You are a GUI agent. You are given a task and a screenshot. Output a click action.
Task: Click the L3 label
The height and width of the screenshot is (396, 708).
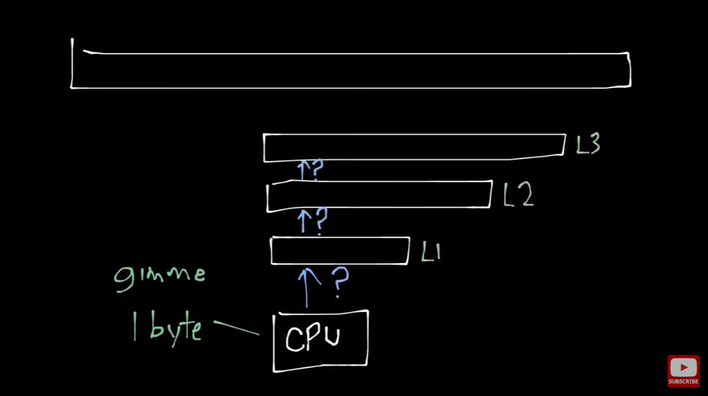point(588,144)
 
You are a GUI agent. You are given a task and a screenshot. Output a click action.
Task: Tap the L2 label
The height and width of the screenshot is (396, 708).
point(519,194)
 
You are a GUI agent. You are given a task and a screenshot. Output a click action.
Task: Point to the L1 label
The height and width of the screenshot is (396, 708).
point(431,252)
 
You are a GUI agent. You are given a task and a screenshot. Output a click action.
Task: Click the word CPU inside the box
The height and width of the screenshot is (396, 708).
point(313,338)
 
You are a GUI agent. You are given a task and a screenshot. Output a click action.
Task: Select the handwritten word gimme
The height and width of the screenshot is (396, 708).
point(160,274)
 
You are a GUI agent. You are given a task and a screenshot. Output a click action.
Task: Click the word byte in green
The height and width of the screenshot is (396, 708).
point(175,328)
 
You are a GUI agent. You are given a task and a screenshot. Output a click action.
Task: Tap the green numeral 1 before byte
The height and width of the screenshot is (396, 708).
point(135,327)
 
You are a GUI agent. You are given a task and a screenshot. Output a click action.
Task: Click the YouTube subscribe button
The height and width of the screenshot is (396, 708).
point(683,371)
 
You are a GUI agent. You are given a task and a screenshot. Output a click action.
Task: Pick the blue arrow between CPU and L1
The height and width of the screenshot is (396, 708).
point(307,287)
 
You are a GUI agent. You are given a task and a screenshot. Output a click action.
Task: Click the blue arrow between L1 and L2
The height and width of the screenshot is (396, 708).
point(302,221)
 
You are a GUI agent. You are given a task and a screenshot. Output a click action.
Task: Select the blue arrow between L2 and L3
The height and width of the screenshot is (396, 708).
point(302,170)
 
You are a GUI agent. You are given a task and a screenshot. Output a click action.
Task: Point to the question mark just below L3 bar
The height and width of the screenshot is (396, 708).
point(317,170)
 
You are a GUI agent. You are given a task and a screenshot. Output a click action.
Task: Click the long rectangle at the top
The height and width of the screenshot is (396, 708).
point(351,70)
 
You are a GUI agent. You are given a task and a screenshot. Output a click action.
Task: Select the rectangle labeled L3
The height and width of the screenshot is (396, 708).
point(414,147)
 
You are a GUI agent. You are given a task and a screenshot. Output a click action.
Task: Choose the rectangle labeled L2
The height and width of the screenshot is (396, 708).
point(379,196)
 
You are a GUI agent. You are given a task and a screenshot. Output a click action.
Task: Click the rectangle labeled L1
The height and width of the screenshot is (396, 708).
point(340,251)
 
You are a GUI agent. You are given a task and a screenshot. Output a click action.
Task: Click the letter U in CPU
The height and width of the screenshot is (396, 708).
point(331,337)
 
